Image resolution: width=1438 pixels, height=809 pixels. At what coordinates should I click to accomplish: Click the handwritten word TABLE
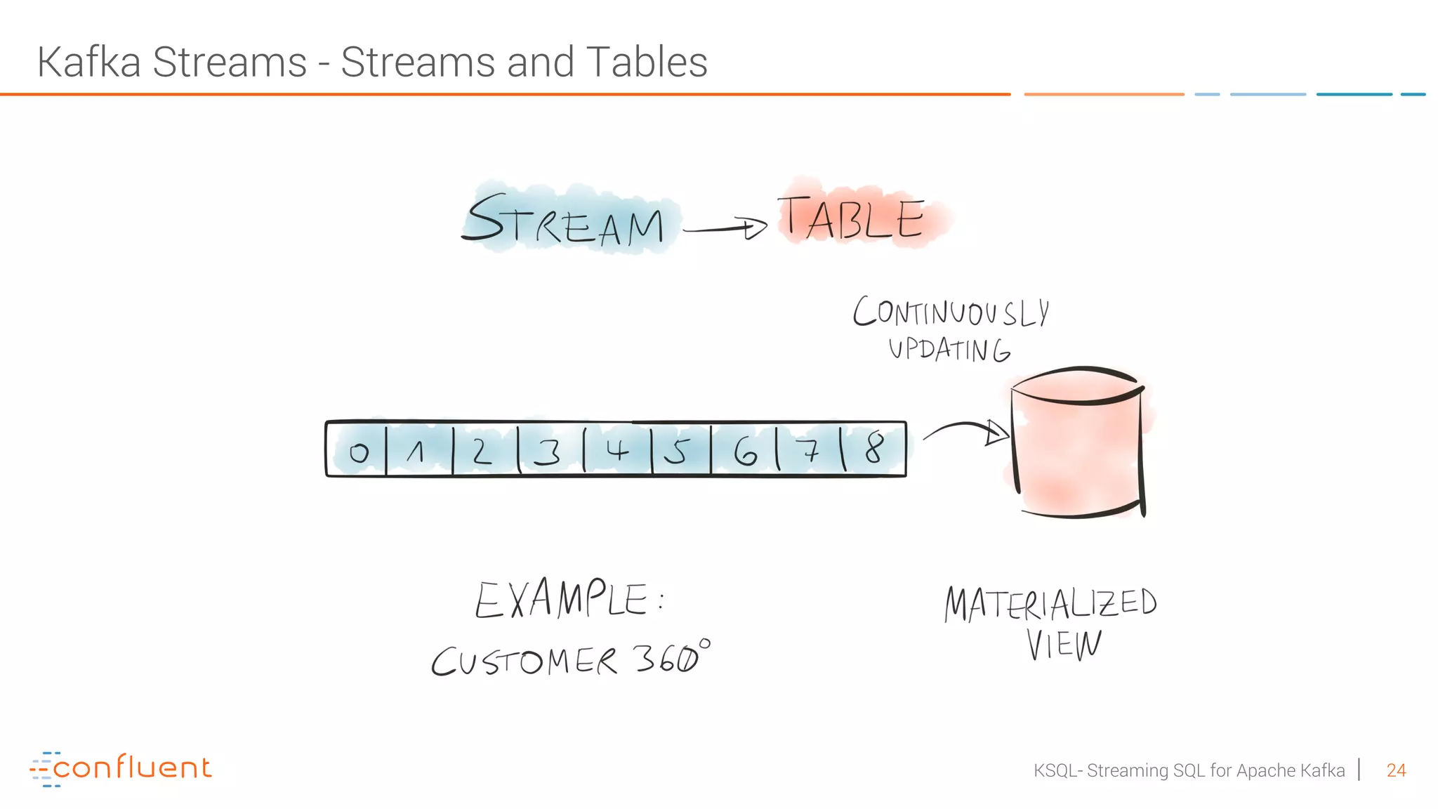tap(851, 218)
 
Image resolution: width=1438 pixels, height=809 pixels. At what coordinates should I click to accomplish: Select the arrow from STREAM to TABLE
tap(725, 228)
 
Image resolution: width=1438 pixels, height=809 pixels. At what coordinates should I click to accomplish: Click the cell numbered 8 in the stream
tap(874, 449)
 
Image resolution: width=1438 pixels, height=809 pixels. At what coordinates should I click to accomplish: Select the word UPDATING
tap(949, 349)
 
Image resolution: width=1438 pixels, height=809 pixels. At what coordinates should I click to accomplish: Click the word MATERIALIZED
tap(1050, 604)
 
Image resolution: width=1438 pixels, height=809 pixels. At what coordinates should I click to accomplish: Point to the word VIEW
tap(1064, 645)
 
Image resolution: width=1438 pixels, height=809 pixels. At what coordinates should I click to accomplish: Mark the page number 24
tap(1396, 770)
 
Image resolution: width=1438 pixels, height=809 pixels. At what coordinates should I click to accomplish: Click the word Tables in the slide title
tap(646, 62)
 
